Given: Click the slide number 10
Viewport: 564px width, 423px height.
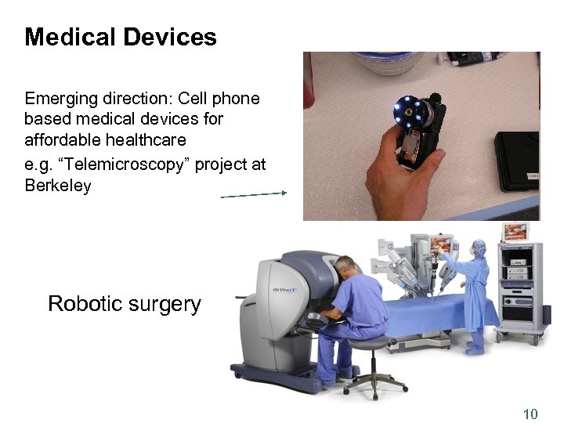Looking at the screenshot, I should (530, 414).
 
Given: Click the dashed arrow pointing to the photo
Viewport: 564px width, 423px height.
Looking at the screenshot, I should (255, 195).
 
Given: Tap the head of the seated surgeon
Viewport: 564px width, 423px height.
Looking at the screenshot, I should (348, 266).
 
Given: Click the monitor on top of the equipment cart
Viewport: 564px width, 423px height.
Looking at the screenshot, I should (515, 232).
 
